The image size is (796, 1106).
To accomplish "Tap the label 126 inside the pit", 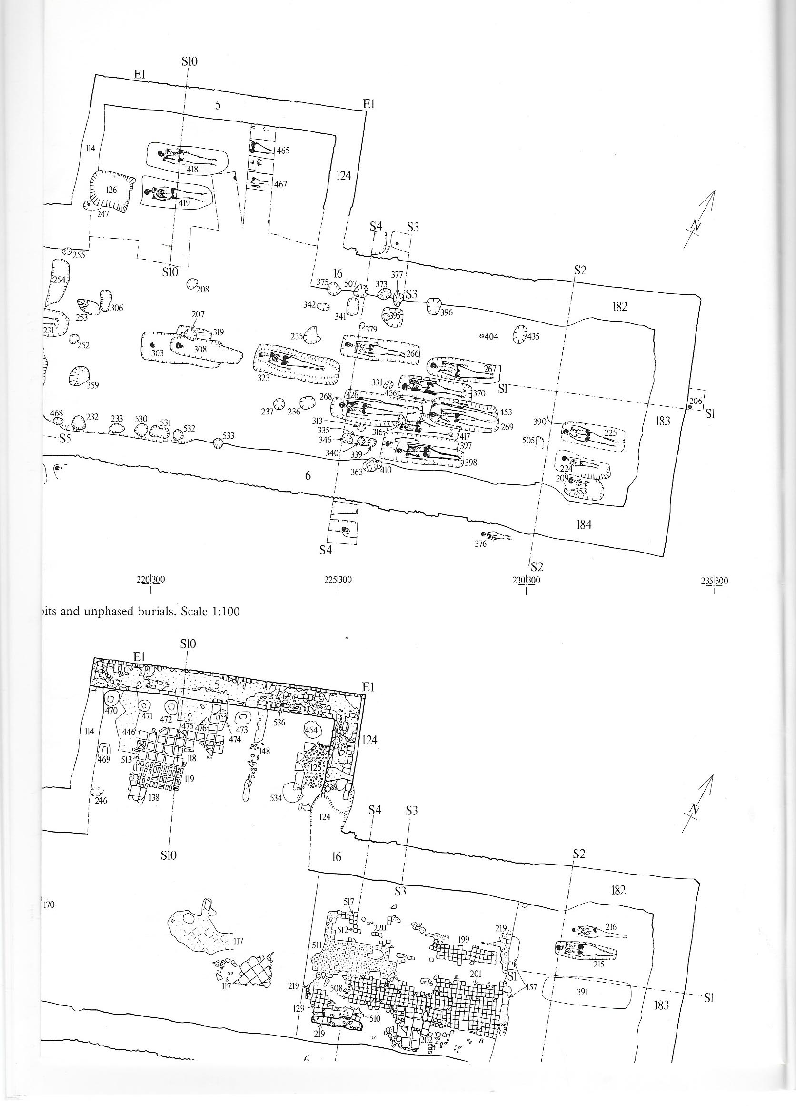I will click(111, 190).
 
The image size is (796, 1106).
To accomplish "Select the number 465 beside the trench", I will click(283, 151).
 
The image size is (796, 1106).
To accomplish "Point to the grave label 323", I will click(264, 377).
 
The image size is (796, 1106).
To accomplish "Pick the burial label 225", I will click(610, 432).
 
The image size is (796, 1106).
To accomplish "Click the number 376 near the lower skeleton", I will click(481, 544).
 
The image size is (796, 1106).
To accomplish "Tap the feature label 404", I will click(491, 336).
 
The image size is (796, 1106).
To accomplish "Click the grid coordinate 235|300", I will click(714, 580).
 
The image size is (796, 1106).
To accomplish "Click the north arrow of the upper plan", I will click(700, 220).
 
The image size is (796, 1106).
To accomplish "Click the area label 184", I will click(584, 524).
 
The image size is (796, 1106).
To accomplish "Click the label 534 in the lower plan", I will click(277, 798).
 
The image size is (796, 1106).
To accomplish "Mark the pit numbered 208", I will click(202, 289).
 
